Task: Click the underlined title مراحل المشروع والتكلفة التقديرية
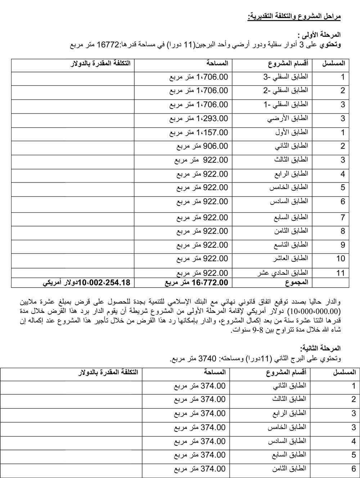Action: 294,17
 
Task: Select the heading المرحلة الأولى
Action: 319,35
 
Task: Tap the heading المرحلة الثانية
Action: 320,348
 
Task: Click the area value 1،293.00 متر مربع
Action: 198,118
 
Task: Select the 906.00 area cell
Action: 202,146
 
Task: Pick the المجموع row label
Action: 297,283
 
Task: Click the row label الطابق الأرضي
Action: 288,118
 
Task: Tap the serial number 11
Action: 341,273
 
